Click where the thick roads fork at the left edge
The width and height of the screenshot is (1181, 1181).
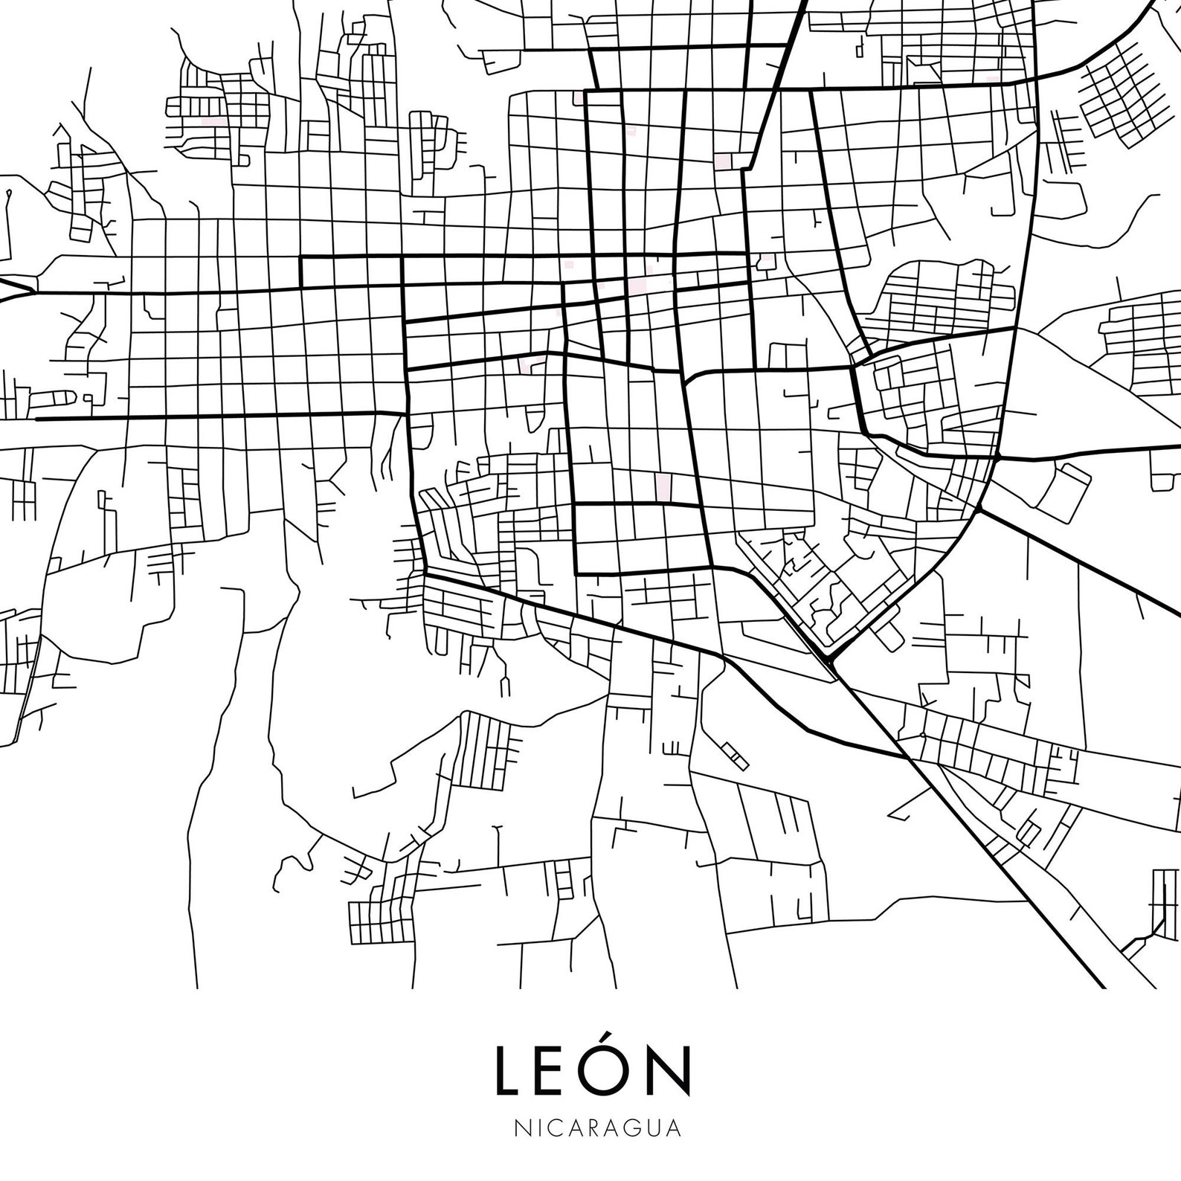[x=32, y=291]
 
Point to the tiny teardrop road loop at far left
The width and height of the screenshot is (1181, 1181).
[x=8, y=195]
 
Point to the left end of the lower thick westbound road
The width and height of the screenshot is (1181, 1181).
[x=37, y=419]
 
